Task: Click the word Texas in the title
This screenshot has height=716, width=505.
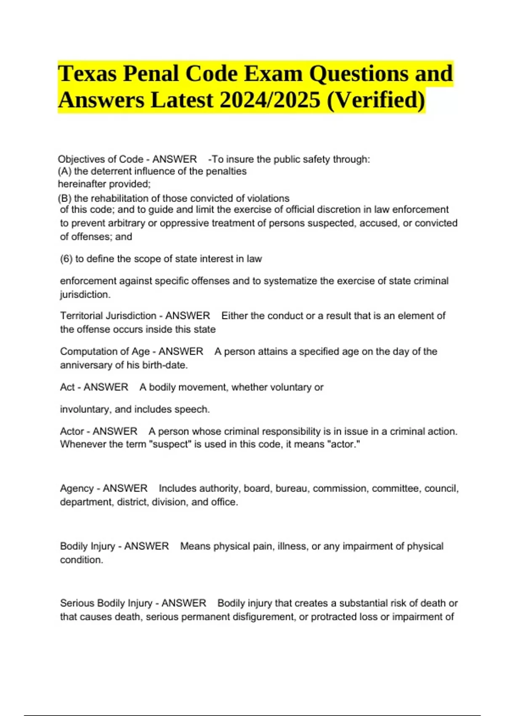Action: click(87, 74)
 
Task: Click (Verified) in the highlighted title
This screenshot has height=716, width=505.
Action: click(376, 101)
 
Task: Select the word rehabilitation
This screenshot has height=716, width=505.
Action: click(125, 198)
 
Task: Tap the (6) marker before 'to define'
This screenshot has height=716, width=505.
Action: click(66, 259)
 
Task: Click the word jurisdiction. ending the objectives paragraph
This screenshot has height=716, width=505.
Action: click(85, 295)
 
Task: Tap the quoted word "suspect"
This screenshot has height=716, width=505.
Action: click(170, 444)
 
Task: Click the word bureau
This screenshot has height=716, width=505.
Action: click(291, 489)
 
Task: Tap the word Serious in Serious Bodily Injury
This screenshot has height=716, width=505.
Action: click(77, 604)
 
